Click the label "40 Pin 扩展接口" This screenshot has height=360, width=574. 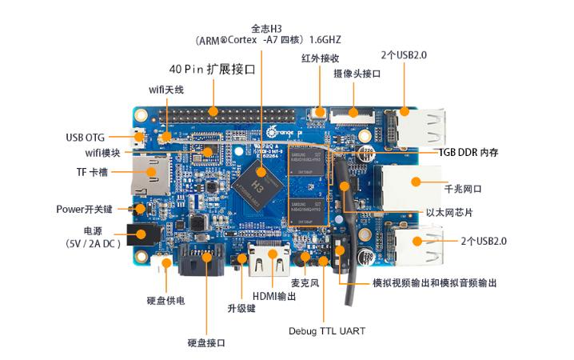(212, 70)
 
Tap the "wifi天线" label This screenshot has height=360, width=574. (166, 90)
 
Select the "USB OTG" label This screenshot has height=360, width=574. (86, 137)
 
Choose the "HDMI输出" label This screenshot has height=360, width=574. (274, 296)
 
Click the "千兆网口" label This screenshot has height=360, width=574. (462, 190)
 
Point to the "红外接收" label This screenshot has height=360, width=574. (321, 58)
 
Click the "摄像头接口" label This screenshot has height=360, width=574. (357, 74)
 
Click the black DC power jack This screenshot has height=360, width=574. (143, 235)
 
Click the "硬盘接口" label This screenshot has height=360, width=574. (206, 342)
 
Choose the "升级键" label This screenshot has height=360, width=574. (241, 307)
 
